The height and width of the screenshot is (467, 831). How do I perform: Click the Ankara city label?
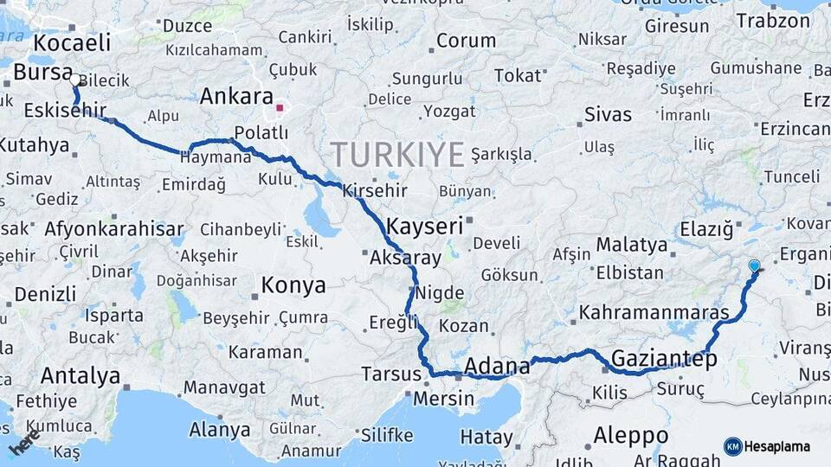(236, 96)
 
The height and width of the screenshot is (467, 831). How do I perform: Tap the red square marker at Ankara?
(280, 108)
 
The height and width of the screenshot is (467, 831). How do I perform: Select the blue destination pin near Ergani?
(754, 266)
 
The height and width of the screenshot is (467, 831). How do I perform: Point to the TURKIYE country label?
(398, 155)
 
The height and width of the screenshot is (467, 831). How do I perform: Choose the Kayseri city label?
(425, 227)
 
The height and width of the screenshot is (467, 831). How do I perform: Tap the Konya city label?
(293, 285)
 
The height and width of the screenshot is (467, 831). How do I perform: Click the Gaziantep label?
(664, 359)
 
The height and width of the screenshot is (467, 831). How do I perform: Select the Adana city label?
(497, 367)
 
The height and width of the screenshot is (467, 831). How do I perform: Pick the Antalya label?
(81, 376)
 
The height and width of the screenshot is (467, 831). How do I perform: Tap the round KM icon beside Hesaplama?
(732, 446)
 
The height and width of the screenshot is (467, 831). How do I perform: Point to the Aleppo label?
(631, 434)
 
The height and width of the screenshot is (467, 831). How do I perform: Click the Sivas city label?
(608, 114)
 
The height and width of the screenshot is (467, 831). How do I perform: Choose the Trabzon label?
(773, 21)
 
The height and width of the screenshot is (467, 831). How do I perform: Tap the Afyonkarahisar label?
(113, 229)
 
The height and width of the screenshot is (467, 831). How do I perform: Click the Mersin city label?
(443, 399)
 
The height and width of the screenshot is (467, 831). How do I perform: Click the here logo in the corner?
(26, 442)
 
